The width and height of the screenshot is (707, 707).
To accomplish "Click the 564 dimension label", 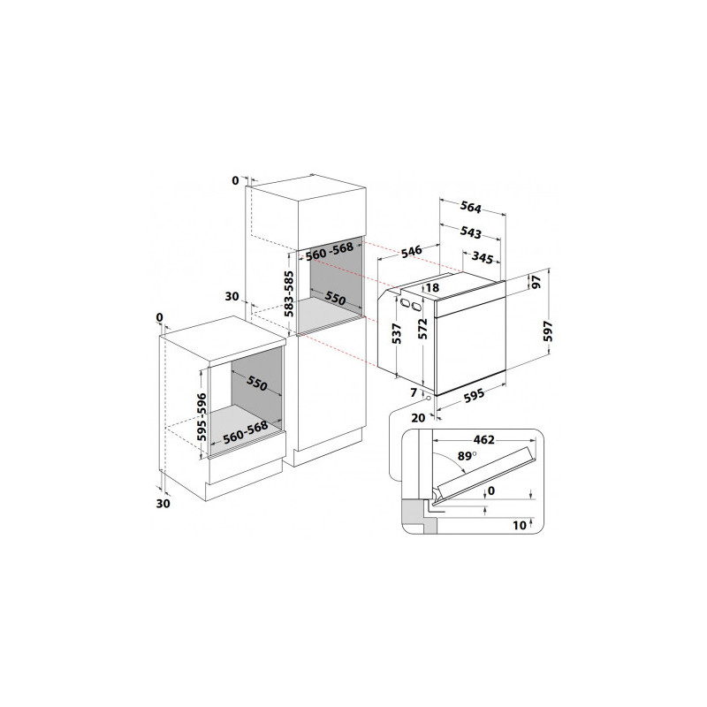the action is pyautogui.click(x=471, y=207).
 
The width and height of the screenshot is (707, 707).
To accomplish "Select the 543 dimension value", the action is pyautogui.click(x=471, y=232).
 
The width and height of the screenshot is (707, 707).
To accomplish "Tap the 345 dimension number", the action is pyautogui.click(x=482, y=257).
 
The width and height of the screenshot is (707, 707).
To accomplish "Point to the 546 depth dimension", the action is pyautogui.click(x=412, y=251).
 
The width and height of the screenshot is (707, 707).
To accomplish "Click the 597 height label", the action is pyautogui.click(x=548, y=331).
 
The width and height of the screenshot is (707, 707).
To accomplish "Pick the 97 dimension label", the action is pyautogui.click(x=536, y=282).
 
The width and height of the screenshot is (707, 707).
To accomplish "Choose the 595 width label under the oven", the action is pyautogui.click(x=474, y=394).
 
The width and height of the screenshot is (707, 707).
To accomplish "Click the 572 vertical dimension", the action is pyautogui.click(x=422, y=329).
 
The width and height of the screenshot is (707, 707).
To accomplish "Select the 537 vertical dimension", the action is pyautogui.click(x=397, y=334).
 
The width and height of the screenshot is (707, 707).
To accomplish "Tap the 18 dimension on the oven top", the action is pyautogui.click(x=432, y=288).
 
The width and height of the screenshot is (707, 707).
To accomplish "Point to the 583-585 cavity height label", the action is pyautogui.click(x=289, y=293).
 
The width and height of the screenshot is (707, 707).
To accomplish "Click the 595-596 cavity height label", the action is pyautogui.click(x=202, y=417).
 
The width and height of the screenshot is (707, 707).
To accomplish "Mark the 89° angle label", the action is pyautogui.click(x=468, y=456).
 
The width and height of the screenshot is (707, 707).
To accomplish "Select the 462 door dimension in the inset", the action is pyautogui.click(x=483, y=439).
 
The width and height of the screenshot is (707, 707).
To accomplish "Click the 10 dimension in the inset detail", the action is pyautogui.click(x=520, y=525).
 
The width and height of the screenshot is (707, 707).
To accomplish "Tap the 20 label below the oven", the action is pyautogui.click(x=418, y=418).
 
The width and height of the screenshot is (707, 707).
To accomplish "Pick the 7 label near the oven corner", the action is pyautogui.click(x=414, y=392).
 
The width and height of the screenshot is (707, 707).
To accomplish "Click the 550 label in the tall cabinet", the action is pyautogui.click(x=336, y=298).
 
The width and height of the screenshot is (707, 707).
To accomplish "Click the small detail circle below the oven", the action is pyautogui.click(x=428, y=399).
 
